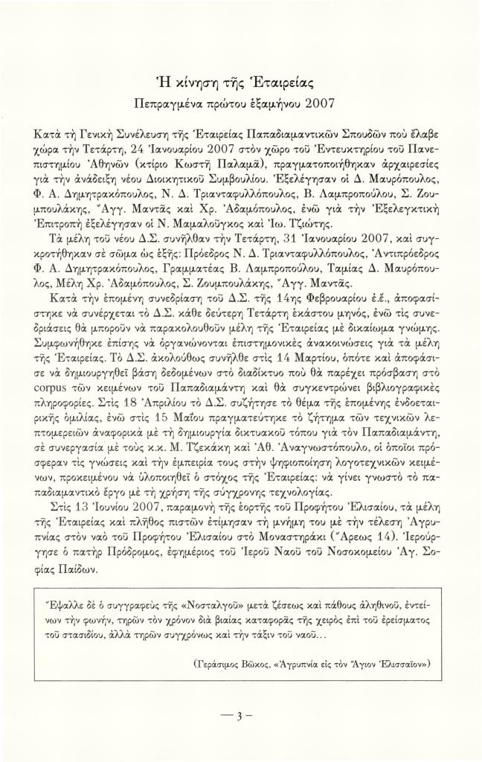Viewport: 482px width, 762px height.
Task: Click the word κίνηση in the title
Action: (x=192, y=82)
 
